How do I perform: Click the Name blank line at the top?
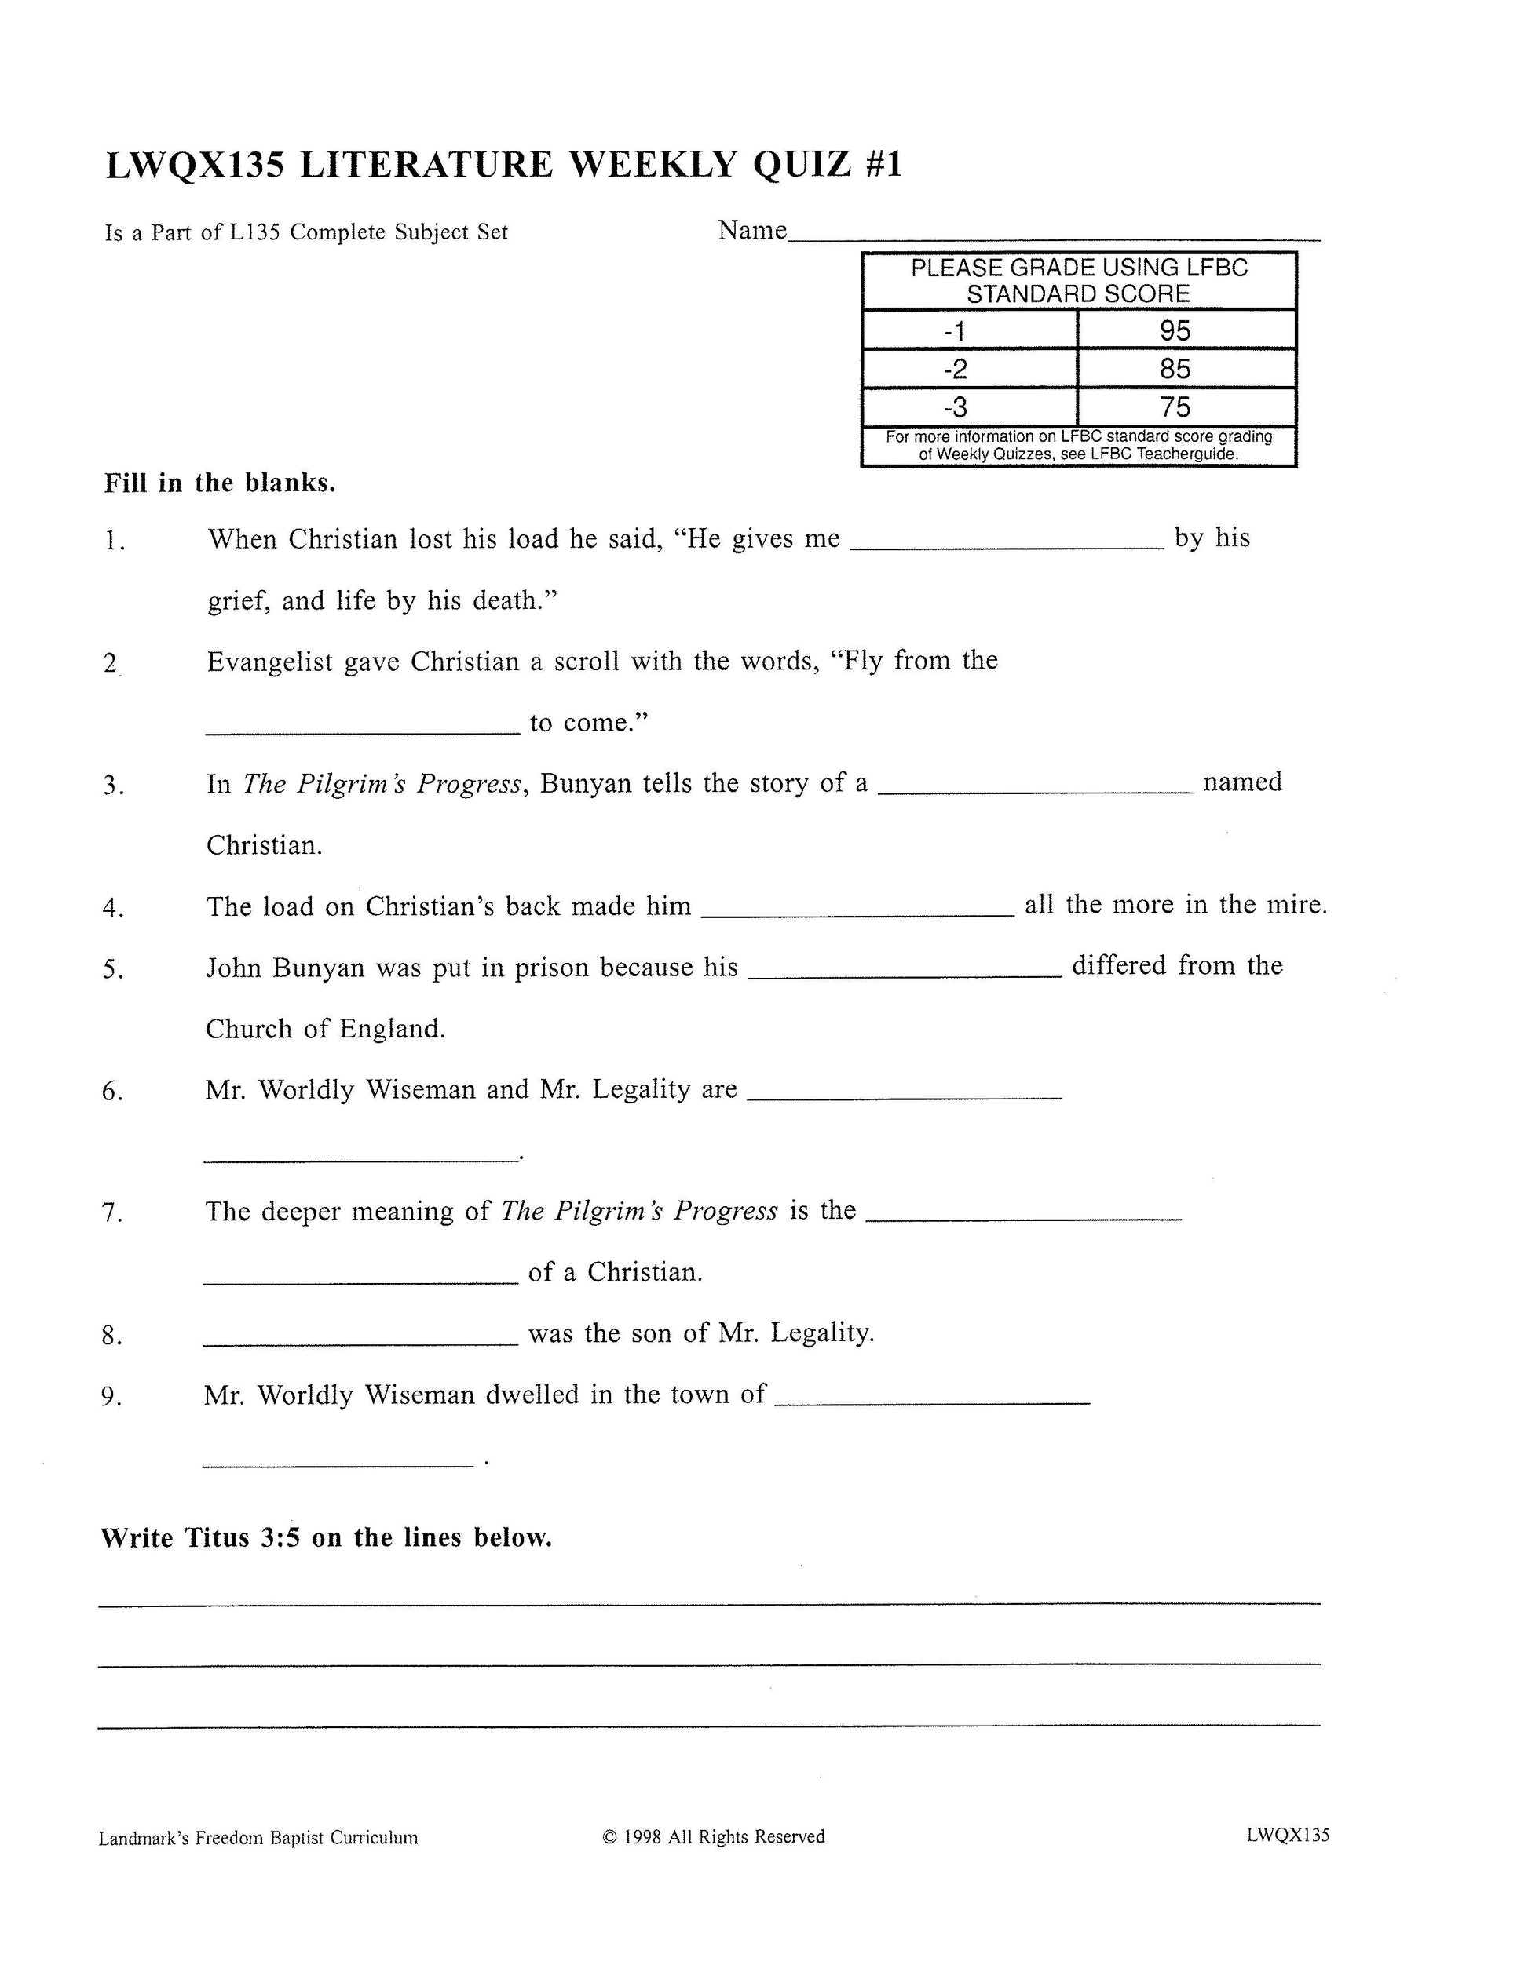pos(1054,237)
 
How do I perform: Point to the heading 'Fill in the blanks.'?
pos(220,483)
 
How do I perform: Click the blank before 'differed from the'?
pos(906,974)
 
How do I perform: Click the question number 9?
pos(111,1398)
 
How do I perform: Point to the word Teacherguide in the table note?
pos(1191,454)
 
